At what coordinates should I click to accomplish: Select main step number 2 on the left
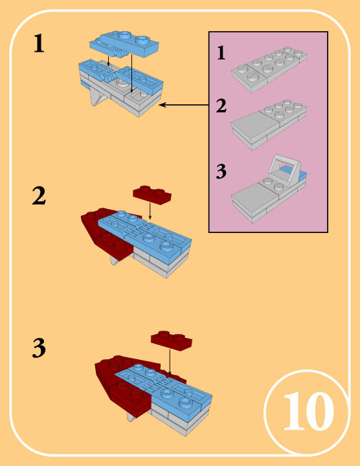(x=39, y=195)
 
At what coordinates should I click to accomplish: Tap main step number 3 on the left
(x=39, y=349)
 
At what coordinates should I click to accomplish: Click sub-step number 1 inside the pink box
(x=221, y=54)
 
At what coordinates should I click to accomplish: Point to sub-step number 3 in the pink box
(x=221, y=173)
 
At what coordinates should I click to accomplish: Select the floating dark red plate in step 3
(x=172, y=340)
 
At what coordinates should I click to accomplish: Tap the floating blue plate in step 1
(x=123, y=44)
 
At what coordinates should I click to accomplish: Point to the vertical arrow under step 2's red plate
(x=150, y=210)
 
